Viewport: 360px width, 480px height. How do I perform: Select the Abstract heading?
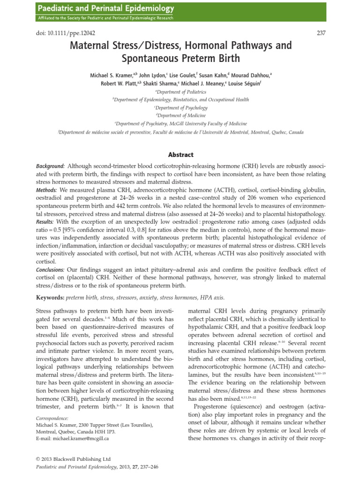click(x=180, y=154)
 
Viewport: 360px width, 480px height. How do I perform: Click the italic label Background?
click(x=51, y=166)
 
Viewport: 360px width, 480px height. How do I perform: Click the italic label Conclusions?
click(x=51, y=270)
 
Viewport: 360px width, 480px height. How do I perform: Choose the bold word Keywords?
click(x=50, y=297)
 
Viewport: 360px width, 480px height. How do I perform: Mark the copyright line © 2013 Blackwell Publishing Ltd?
click(x=74, y=459)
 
